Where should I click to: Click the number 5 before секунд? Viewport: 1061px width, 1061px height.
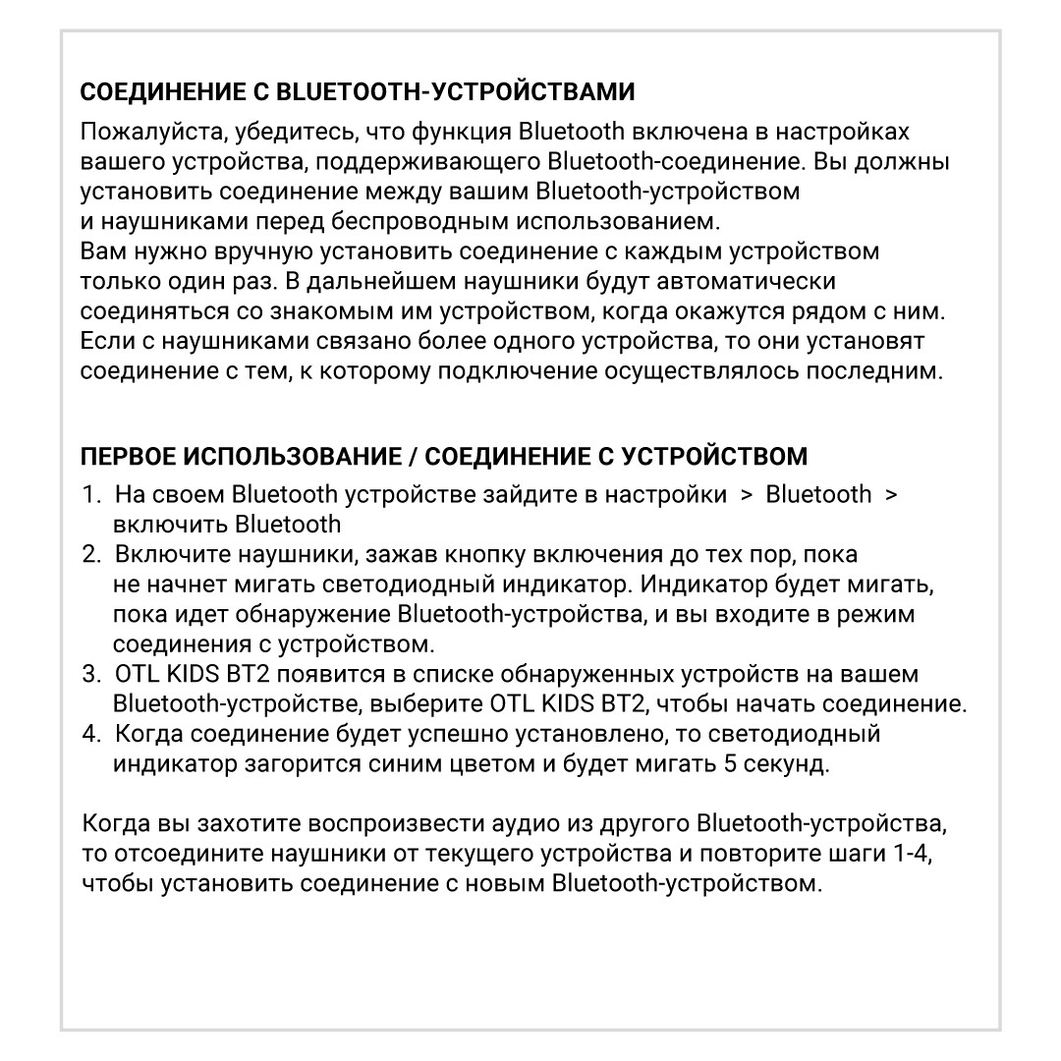pos(729,764)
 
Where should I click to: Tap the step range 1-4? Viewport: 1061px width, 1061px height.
pos(914,853)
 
